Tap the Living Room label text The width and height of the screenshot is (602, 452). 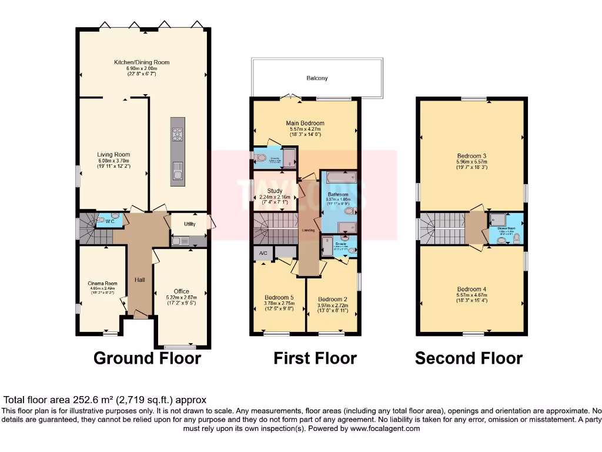[x=113, y=155]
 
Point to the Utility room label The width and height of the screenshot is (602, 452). [x=189, y=224]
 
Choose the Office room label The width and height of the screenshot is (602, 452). [x=182, y=291]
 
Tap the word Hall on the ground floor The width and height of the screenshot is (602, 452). [x=139, y=280]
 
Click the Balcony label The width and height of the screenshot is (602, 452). [x=317, y=78]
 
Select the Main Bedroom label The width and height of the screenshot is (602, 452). [x=305, y=123]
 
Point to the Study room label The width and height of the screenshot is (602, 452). [x=275, y=191]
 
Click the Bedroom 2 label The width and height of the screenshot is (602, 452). [x=333, y=297]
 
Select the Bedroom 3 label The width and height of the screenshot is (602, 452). [x=471, y=156]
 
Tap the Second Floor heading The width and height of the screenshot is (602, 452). [x=469, y=358]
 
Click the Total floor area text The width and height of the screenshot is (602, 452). [x=106, y=400]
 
